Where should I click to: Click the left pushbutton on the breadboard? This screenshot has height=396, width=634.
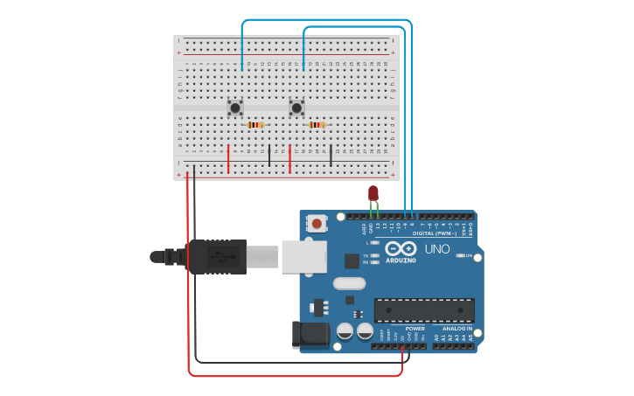pos(235,108)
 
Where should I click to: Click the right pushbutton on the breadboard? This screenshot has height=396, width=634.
pos(296,108)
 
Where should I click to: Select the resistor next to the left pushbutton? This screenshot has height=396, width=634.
pos(254,125)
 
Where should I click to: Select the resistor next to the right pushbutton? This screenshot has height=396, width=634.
pos(317,125)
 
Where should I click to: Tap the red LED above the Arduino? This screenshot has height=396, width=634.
pos(373,193)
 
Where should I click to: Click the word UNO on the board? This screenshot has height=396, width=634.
pos(436,249)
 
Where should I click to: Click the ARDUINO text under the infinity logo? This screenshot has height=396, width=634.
pos(401,261)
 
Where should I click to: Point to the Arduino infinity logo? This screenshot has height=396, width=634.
pos(401,248)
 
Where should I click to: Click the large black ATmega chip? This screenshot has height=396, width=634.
pos(424,310)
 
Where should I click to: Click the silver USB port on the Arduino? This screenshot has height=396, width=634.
pos(303,257)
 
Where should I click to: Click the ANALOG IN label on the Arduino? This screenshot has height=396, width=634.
pos(456,329)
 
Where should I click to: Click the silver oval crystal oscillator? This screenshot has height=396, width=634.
pos(349,283)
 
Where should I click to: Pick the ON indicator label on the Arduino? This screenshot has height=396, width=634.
pos(469,255)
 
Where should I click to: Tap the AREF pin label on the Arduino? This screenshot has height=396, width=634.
pos(365,228)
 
